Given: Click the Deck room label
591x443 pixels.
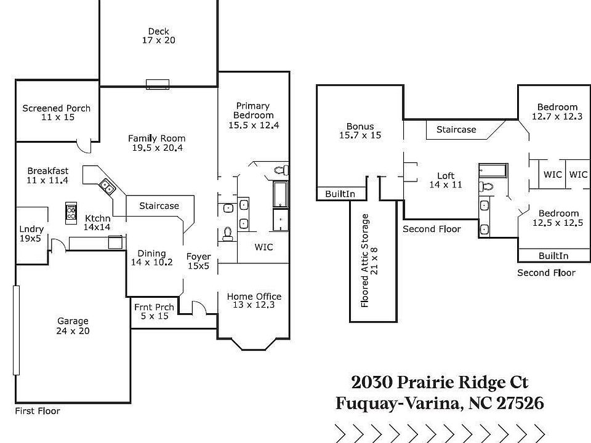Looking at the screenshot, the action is pos(159,31).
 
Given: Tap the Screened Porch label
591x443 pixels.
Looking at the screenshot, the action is pos(57,108).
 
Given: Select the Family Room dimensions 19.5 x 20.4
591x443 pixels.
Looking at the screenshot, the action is pos(157,148).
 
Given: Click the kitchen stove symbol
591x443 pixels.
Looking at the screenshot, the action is pos(71,214).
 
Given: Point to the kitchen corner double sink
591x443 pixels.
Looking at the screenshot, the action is pos(107,186).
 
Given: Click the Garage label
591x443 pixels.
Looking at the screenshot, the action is pos(73,321).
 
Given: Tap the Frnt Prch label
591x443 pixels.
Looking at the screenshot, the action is pos(154,308).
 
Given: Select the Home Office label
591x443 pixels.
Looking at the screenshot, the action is pos(254,297).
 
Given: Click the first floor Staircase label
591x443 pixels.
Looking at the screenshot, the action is pos(159,206).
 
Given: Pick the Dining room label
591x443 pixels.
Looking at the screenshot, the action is pos(151,253).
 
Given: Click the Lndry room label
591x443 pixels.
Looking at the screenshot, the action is pos(31,229).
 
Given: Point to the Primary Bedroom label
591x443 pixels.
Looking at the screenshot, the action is pos(253,111).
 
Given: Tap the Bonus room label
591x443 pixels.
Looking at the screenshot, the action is pos(360,126).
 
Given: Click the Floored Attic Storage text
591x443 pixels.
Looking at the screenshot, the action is pos(364,261).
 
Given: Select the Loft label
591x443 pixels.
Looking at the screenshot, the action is pos(446,176).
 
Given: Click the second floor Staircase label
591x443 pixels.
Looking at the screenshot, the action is pos(456,130).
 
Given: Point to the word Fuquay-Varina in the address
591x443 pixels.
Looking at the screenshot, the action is pos(398,404).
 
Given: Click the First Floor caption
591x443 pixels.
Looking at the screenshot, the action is pos(38,411).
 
